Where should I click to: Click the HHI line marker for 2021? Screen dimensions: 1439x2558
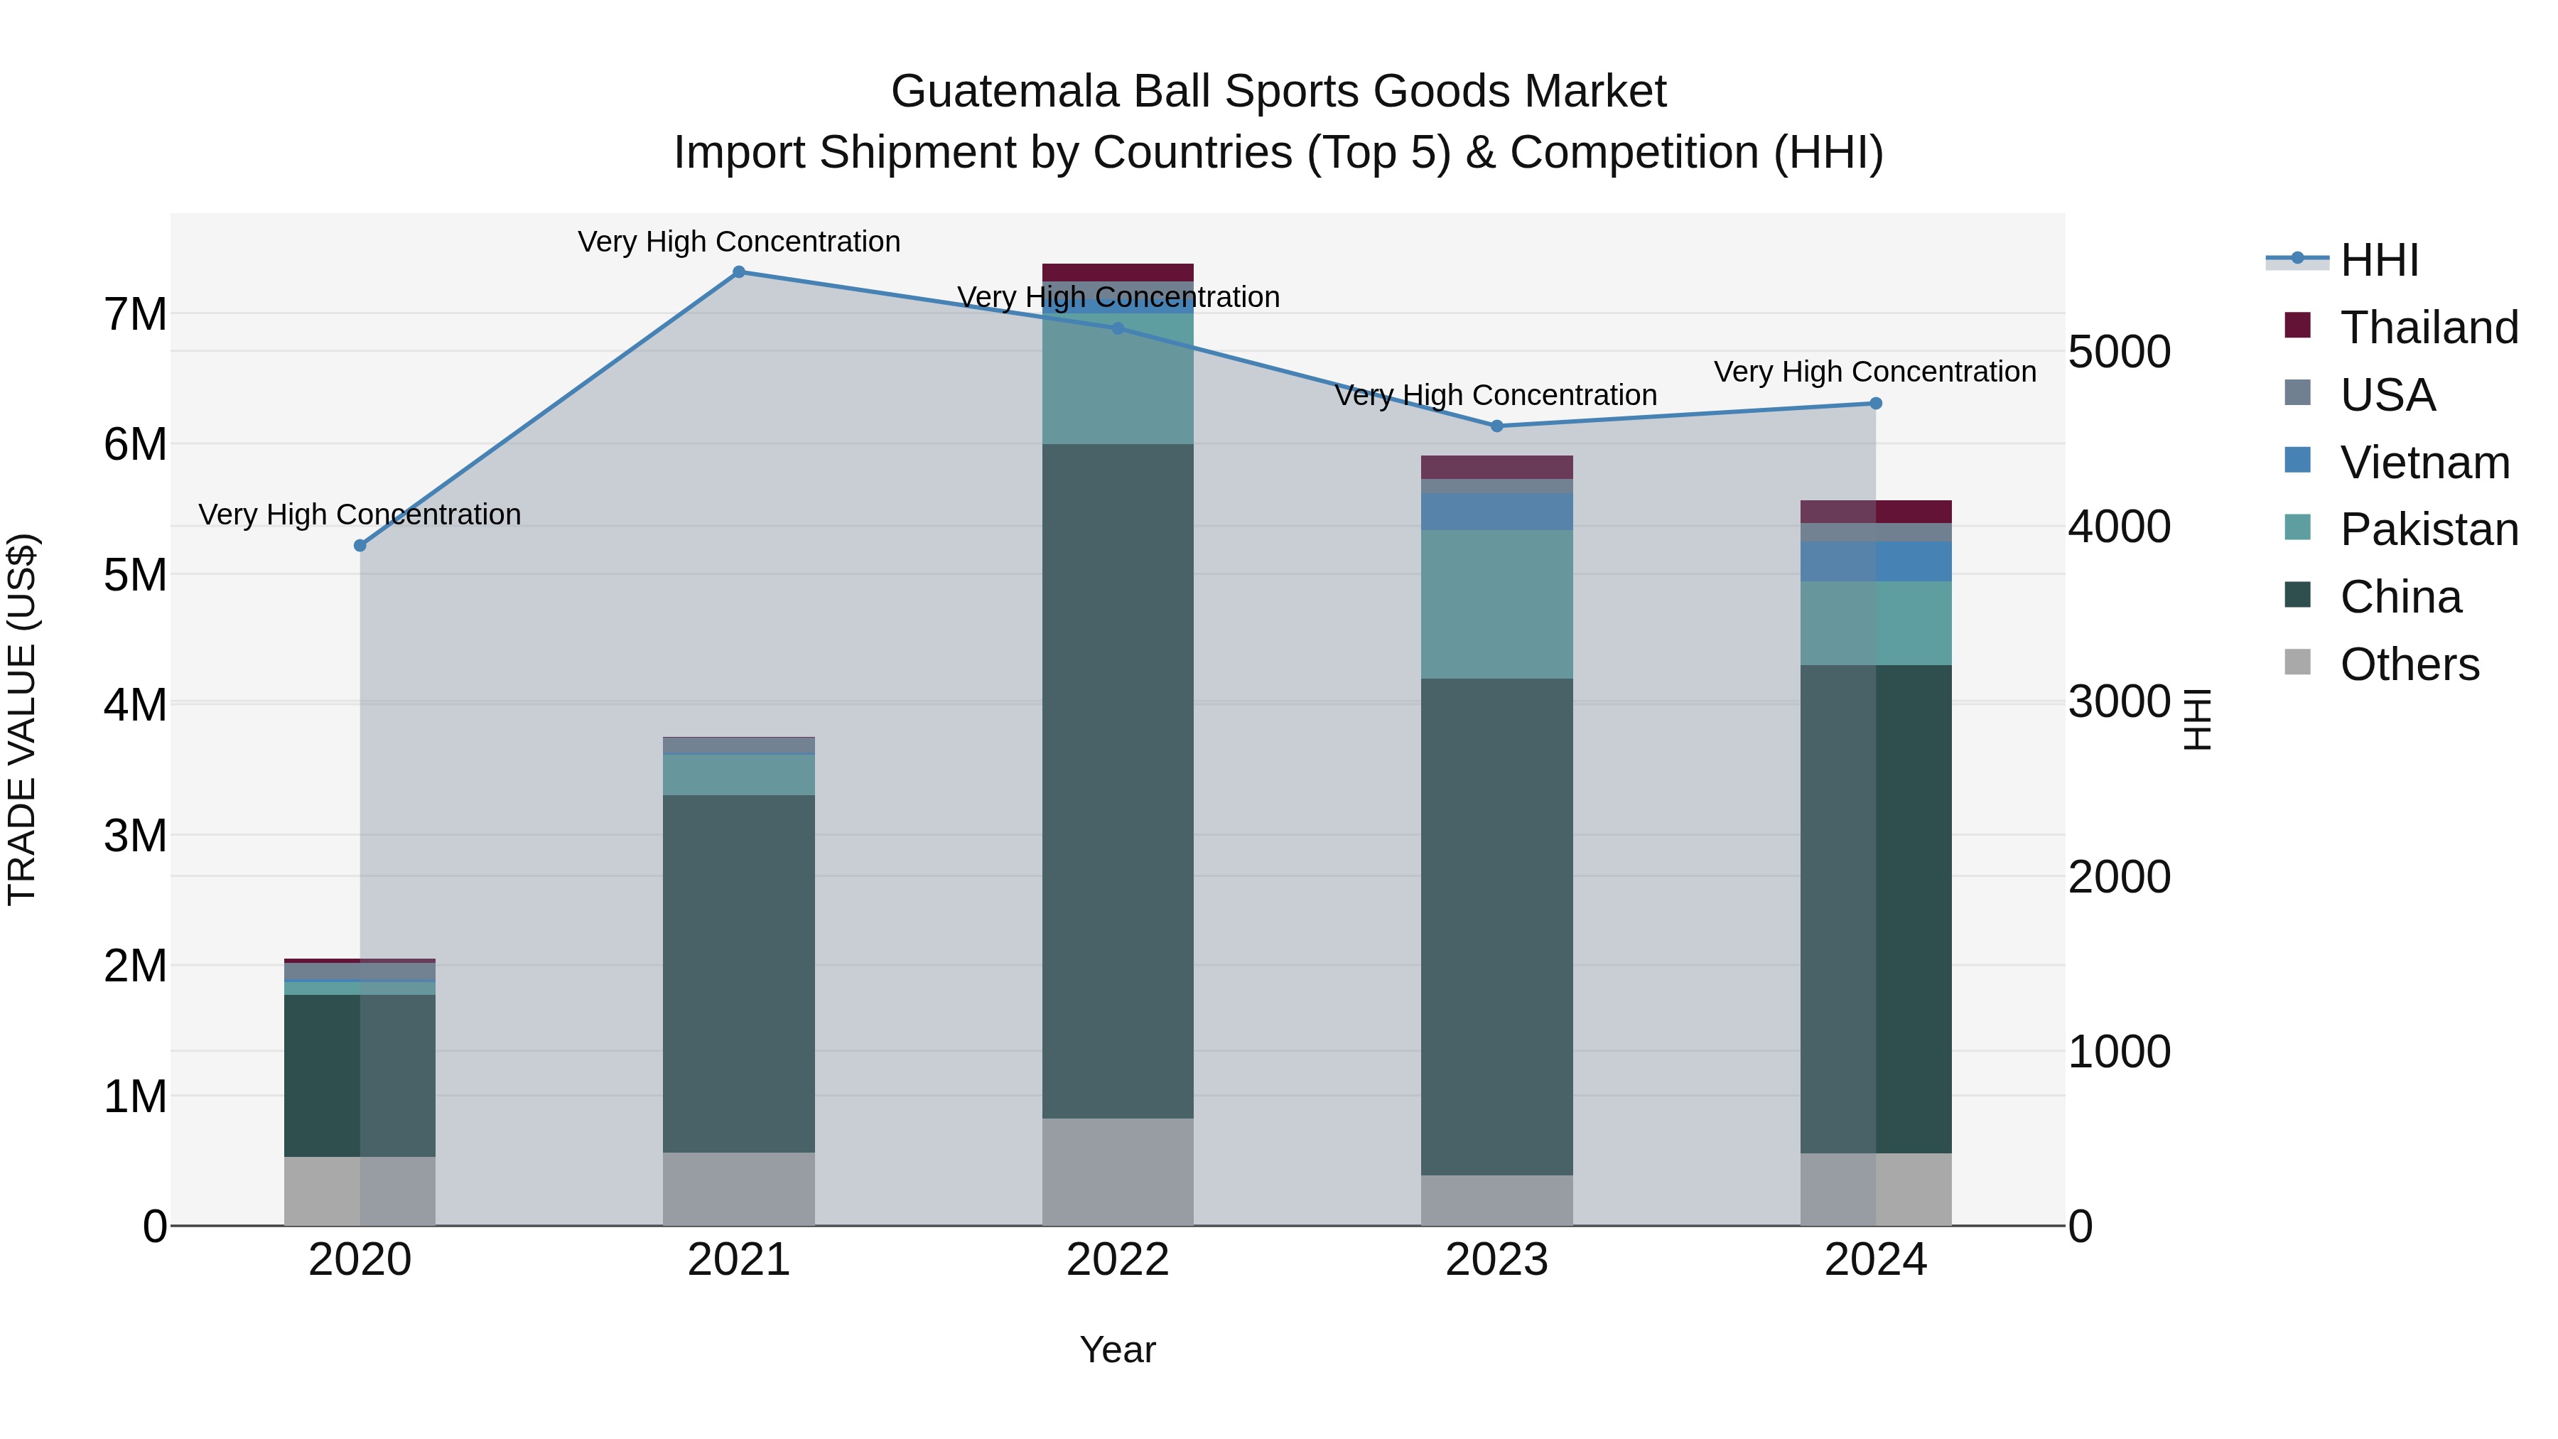(x=739, y=272)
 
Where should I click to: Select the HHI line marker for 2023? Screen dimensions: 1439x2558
(x=1496, y=426)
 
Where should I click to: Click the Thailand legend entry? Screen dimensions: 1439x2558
(x=2428, y=328)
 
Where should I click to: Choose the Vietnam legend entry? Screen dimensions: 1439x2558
(x=2424, y=463)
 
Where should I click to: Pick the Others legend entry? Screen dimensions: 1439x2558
(x=2409, y=664)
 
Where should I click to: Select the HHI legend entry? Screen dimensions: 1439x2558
(x=2378, y=260)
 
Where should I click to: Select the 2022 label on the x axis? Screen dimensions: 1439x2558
(x=1117, y=1260)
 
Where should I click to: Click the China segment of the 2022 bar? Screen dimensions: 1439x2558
(x=1117, y=780)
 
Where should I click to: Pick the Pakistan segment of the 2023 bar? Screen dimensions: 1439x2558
(x=1496, y=604)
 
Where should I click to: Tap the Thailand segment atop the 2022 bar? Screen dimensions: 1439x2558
(x=1117, y=272)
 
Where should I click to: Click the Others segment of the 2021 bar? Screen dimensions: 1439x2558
(x=739, y=1189)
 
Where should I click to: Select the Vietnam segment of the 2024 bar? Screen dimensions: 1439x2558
(x=1876, y=561)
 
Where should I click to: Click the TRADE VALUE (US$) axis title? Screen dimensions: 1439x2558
(x=22, y=719)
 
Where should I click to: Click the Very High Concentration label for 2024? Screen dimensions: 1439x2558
(x=1875, y=372)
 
